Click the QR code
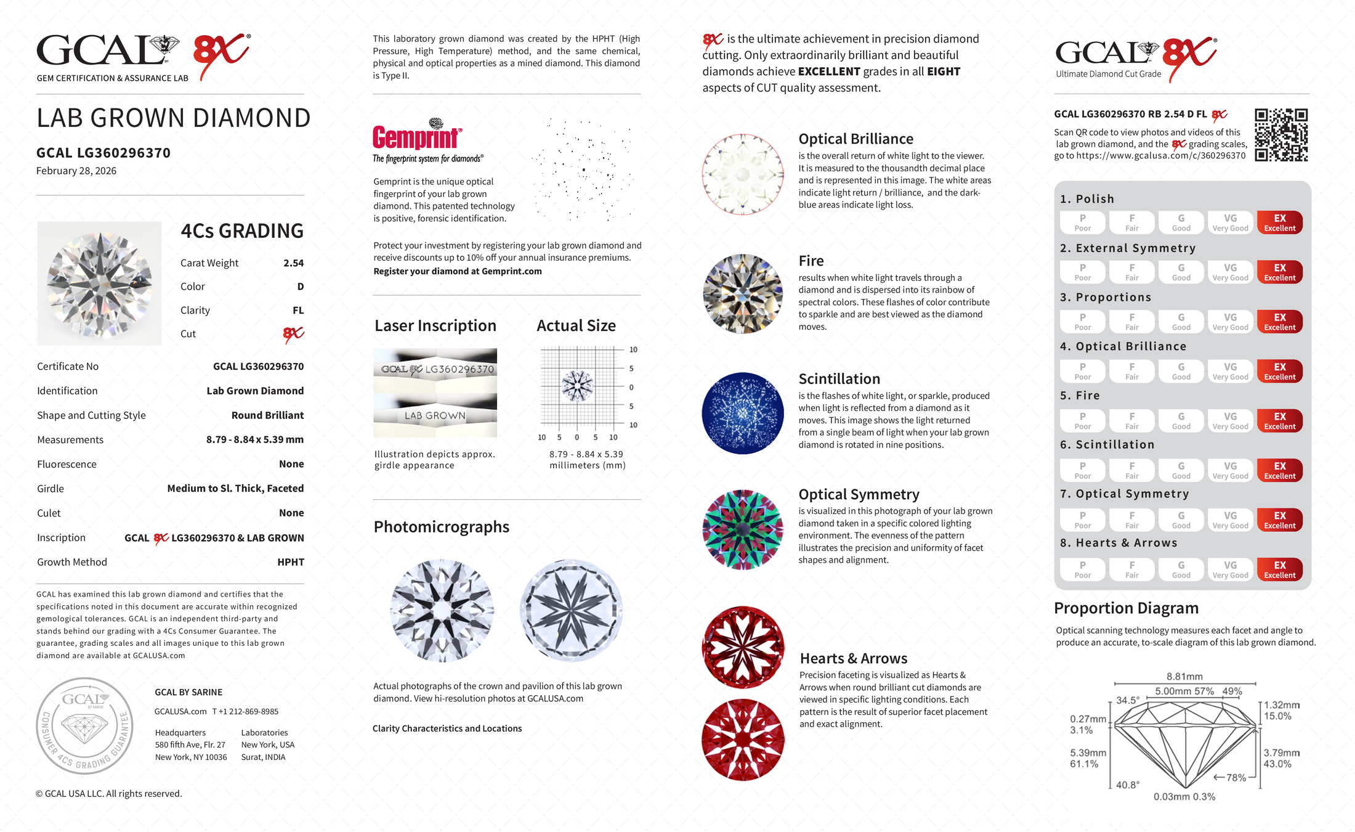click(1281, 135)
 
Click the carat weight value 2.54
click(293, 263)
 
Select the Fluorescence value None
click(291, 464)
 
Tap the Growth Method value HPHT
click(291, 562)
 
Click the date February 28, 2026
click(76, 171)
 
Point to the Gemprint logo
click(417, 137)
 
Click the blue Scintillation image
click(743, 413)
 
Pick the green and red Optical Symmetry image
click(743, 529)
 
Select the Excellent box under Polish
click(1279, 222)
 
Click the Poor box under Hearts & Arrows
click(1082, 569)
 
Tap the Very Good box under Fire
click(1230, 421)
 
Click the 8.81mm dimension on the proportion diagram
click(1184, 677)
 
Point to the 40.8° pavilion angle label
click(1128, 785)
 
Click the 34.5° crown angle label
click(1128, 700)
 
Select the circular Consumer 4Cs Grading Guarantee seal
click(84, 725)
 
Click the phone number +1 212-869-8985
click(246, 711)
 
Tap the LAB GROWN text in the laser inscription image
click(435, 416)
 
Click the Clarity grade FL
click(298, 311)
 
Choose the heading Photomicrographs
click(441, 527)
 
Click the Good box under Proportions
click(1181, 322)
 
